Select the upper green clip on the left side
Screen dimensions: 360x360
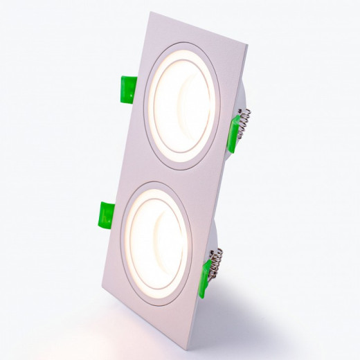click(x=127, y=89)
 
